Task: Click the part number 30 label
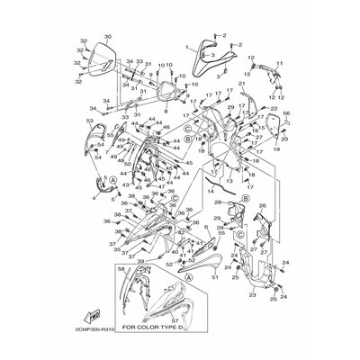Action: click(x=108, y=37)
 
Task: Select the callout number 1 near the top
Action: click(x=187, y=44)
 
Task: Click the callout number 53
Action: click(x=89, y=120)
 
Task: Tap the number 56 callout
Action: click(x=287, y=114)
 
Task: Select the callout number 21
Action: click(x=242, y=84)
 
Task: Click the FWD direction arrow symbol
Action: click(x=92, y=317)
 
